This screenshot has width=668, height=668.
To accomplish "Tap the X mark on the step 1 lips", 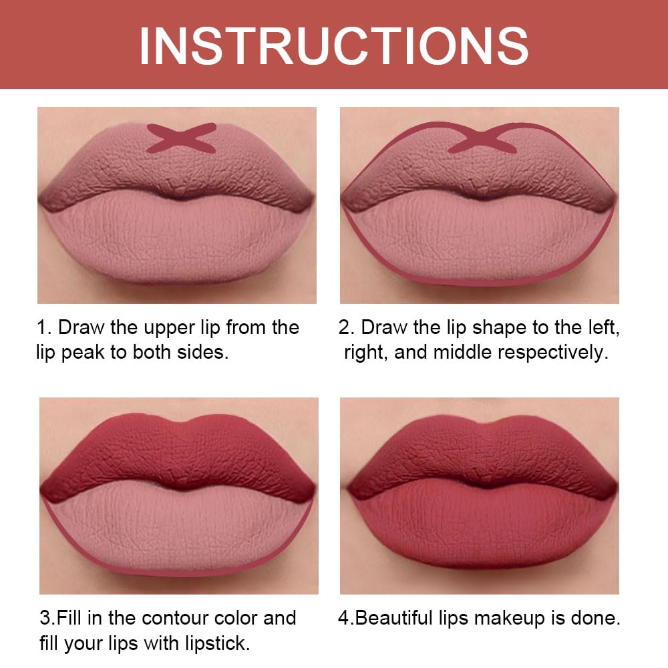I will point(181,138).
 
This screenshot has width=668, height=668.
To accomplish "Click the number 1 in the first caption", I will point(41,328).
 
